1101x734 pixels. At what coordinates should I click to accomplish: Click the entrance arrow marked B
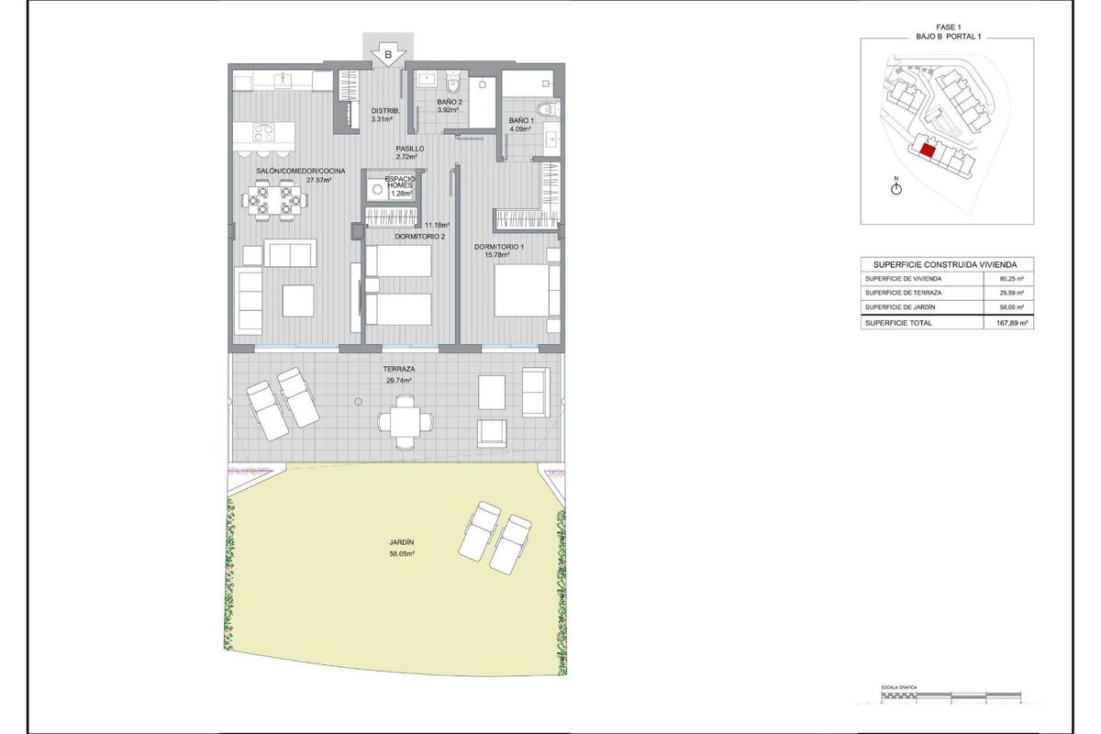point(388,53)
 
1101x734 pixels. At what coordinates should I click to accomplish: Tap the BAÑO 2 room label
point(450,102)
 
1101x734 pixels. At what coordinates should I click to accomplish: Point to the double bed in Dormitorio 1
point(526,289)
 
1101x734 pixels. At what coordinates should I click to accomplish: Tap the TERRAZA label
point(397,369)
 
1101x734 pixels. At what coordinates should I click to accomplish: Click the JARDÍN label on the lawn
point(401,543)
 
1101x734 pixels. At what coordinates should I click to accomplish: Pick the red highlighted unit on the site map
point(928,151)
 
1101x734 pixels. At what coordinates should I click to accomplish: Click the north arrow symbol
point(896,187)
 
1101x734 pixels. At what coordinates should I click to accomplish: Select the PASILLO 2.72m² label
point(409,152)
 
